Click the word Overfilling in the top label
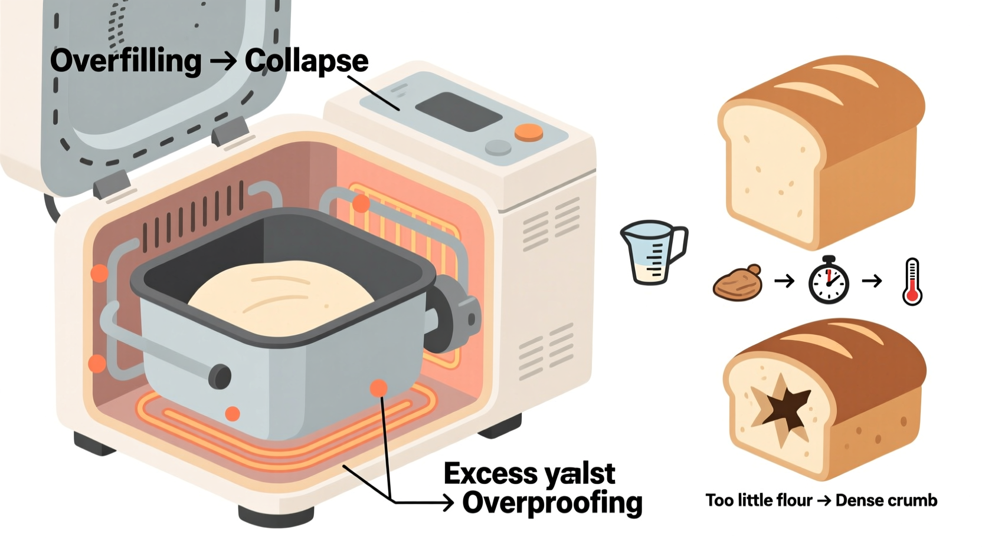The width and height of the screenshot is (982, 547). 125,61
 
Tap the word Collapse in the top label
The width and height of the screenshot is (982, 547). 306,61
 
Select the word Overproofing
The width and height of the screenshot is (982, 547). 552,503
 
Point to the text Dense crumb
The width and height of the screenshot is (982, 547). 886,500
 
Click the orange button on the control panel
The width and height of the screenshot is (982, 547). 528,133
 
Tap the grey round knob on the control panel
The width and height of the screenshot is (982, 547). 497,147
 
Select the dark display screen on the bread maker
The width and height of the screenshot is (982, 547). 458,112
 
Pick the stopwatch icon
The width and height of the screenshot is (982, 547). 829,282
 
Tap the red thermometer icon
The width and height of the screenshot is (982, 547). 912,282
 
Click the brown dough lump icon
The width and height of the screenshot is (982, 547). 738,283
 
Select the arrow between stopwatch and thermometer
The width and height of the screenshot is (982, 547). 872,281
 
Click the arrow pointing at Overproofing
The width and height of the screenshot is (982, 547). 425,502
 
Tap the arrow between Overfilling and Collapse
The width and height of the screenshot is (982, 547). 222,61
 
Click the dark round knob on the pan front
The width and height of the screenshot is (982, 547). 220,376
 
